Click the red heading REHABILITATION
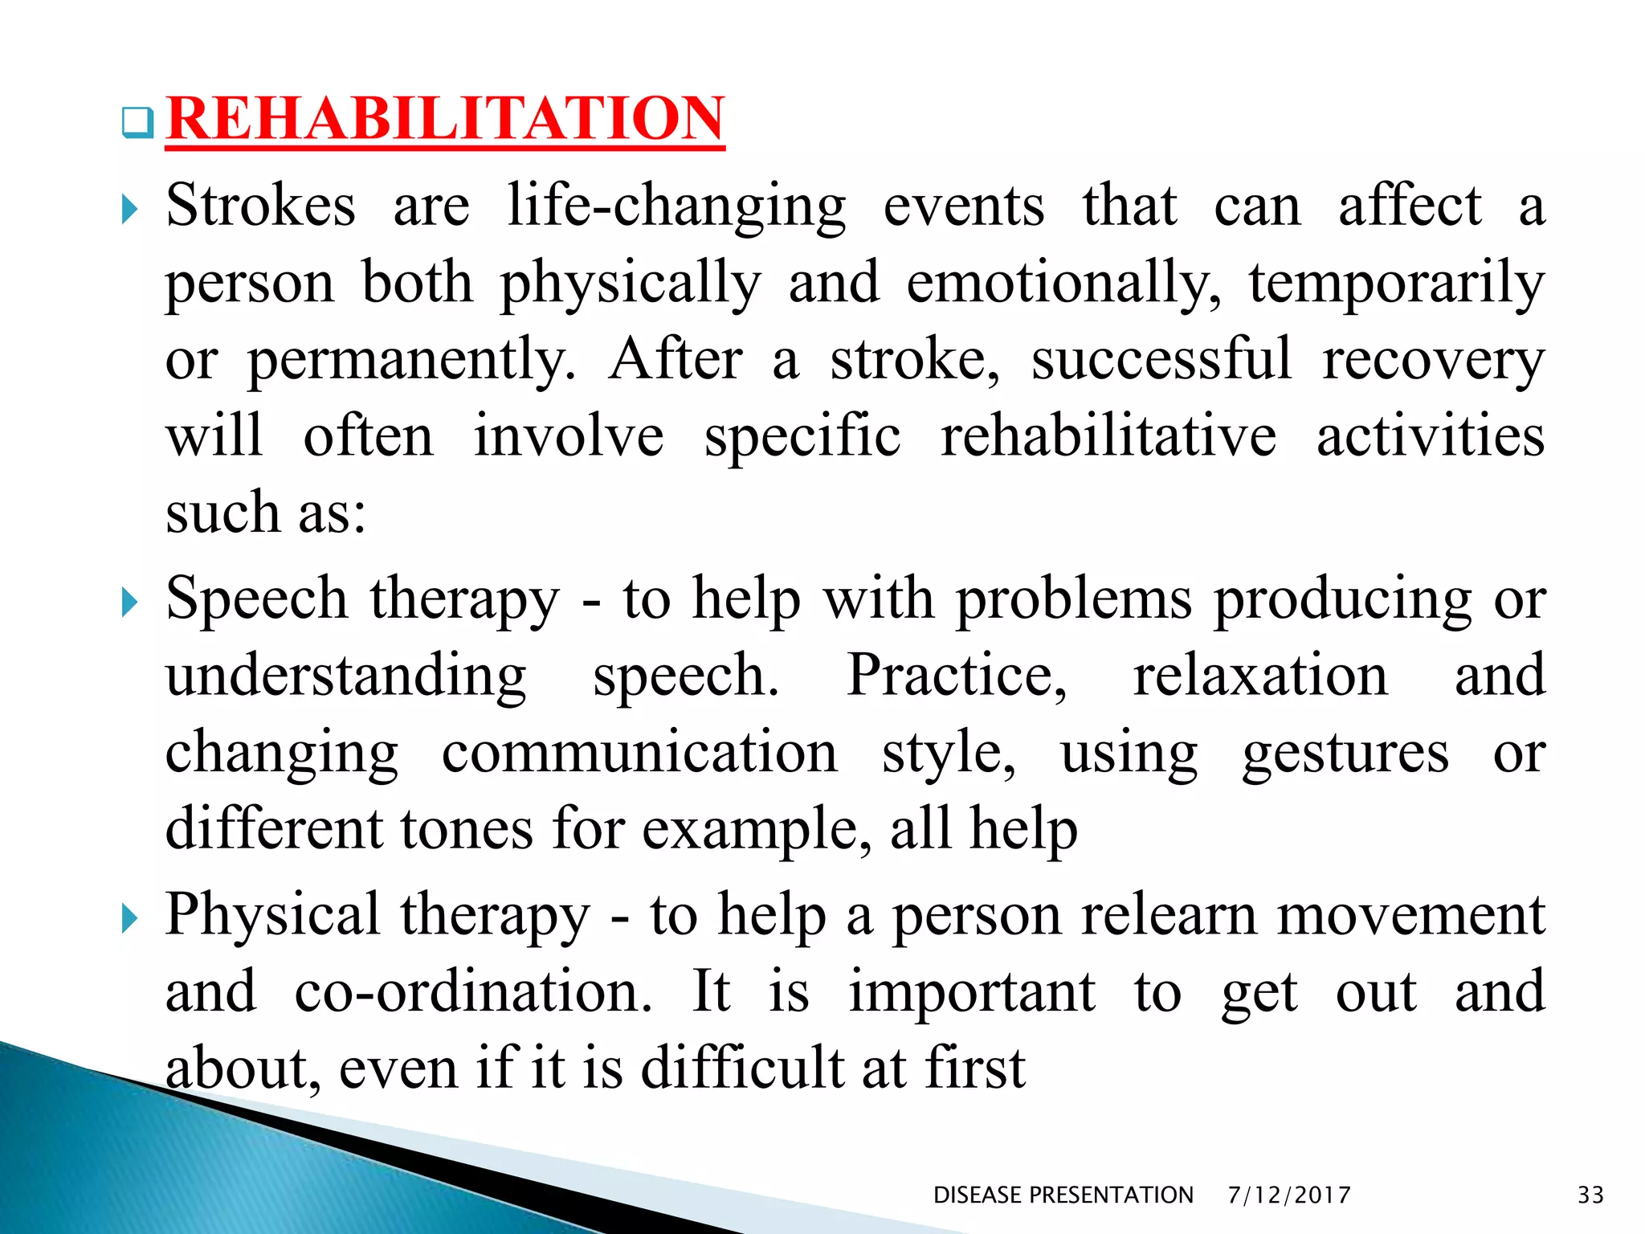point(445,119)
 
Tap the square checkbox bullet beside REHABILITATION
point(137,123)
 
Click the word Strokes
point(260,206)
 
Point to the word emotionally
point(1063,284)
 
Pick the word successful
point(1161,359)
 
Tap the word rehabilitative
point(1108,436)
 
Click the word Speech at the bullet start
point(256,599)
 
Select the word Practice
point(957,676)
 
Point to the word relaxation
point(1260,676)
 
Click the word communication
point(639,753)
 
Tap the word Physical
point(272,915)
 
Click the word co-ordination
point(473,991)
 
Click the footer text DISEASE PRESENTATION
point(1063,1195)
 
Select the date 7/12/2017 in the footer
point(1289,1195)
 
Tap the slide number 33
point(1590,1195)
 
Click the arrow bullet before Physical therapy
point(129,918)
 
